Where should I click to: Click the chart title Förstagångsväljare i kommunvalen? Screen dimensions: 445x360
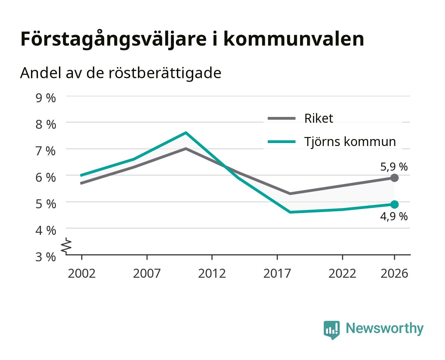tap(192, 39)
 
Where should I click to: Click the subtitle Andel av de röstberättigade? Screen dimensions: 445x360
tap(121, 73)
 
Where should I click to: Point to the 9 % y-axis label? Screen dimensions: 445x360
tap(46, 98)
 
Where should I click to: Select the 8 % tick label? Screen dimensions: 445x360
tap(46, 124)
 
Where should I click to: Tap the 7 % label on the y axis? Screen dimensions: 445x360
tap(46, 151)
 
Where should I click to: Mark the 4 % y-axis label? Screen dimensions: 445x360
tap(46, 230)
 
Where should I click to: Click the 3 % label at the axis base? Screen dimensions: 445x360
tap(46, 257)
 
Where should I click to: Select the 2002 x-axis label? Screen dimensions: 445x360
tap(82, 273)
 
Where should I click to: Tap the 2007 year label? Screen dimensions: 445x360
tap(147, 273)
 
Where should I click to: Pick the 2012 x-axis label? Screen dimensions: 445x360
tap(212, 273)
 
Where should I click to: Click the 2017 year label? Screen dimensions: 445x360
tap(277, 273)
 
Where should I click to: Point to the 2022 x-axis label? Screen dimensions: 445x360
tap(342, 273)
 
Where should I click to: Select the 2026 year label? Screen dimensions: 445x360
tap(394, 273)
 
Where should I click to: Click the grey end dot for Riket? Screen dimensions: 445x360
tap(394, 178)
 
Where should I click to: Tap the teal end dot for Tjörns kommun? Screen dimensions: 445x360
tap(394, 204)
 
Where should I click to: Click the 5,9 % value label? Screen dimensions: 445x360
tap(394, 167)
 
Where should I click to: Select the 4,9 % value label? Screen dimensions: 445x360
tap(394, 216)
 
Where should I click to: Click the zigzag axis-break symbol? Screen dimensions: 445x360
tap(66, 246)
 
